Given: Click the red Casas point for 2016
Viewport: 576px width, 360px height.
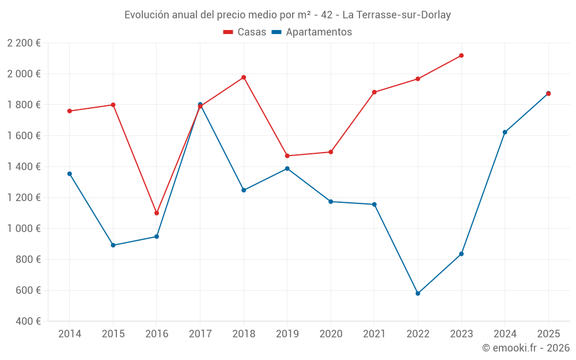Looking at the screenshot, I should coord(157,213).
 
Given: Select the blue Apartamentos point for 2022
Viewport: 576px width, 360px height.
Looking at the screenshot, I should coord(418,293).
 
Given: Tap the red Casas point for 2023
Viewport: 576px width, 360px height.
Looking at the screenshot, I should coord(461,55).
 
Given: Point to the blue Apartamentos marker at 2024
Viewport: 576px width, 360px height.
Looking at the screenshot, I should coord(505,132).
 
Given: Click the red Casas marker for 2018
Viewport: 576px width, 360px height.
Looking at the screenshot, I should coord(244,77).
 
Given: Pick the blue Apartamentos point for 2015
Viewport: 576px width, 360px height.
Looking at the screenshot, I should coord(113,245).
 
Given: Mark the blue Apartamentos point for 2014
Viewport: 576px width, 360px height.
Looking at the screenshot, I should coord(70,173).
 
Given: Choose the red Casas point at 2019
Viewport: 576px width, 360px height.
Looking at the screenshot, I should coord(287,156).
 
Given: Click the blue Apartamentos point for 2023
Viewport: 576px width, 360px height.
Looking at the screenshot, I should coord(461,254).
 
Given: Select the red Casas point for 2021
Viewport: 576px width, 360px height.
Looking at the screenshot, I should coord(374,92).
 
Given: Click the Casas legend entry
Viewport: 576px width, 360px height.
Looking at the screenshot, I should coord(245,32).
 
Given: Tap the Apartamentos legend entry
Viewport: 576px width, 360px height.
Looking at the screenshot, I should coord(312,32).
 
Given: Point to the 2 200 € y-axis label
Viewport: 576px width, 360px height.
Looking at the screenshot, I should coord(24,43).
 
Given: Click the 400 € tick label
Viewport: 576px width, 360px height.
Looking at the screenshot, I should coord(29,321).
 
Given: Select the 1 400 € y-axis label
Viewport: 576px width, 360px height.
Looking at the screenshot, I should coord(24,166).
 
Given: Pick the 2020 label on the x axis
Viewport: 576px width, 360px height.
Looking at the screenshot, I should coord(331,334).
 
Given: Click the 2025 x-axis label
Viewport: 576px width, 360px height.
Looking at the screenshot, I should coord(548,334).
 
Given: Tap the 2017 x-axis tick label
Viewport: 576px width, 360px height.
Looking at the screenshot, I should coord(200,334).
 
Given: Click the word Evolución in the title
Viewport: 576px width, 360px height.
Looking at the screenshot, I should coord(146,14).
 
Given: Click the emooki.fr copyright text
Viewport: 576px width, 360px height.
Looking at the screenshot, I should coord(526,348).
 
